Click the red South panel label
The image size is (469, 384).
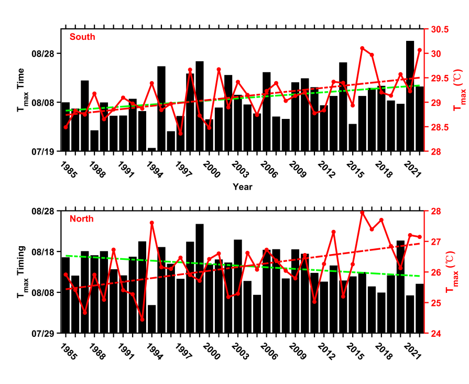[82, 37]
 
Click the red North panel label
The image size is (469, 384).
[81, 218]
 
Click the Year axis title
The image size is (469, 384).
[243, 186]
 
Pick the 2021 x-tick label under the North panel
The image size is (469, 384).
[414, 350]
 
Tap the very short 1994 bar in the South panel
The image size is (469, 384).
[152, 150]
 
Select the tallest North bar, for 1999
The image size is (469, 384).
[200, 278]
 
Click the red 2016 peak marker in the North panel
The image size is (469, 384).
[362, 213]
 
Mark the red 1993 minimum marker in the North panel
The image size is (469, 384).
[142, 320]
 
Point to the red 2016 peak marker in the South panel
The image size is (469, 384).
[362, 48]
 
